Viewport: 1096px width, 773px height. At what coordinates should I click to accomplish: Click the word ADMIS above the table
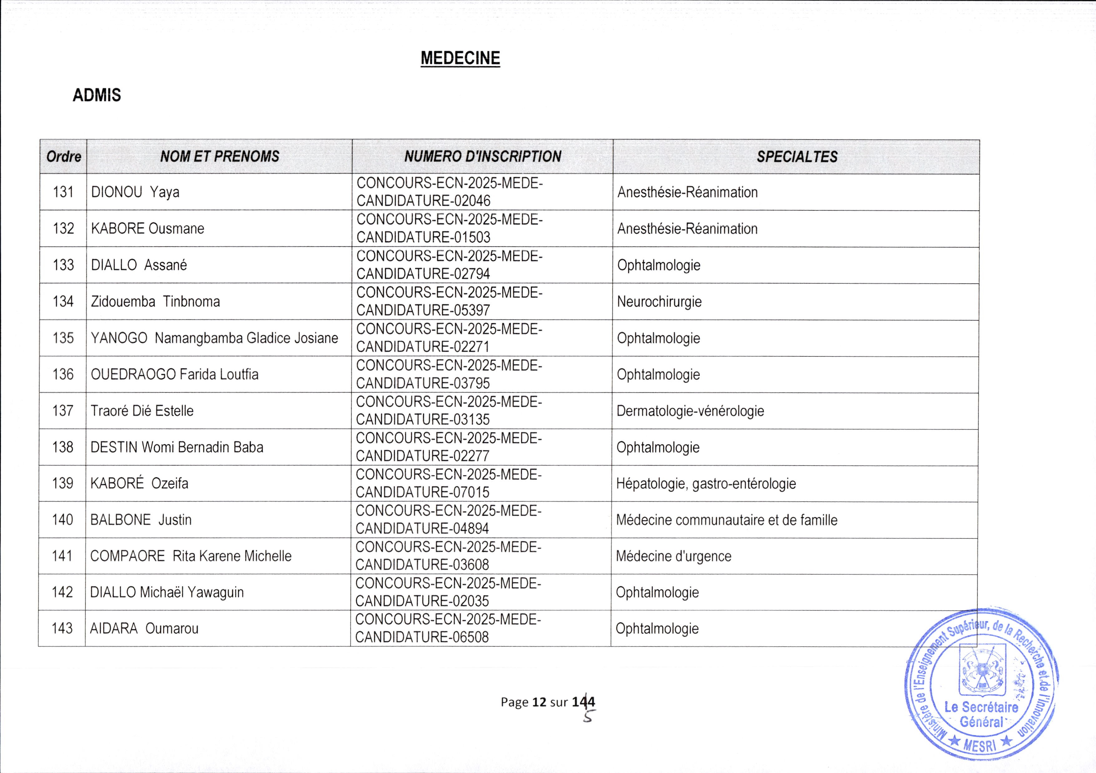click(97, 96)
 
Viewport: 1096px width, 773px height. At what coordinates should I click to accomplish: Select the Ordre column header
click(63, 156)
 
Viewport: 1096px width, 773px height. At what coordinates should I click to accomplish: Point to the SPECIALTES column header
click(796, 156)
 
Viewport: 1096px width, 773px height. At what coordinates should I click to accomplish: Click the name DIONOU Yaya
click(135, 192)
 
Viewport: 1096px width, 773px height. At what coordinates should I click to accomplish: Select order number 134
click(63, 302)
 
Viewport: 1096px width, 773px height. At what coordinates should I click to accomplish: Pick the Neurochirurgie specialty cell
click(659, 302)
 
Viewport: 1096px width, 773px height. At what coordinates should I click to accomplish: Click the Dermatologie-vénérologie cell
click(690, 411)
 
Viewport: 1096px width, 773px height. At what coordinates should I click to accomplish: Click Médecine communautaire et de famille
click(726, 519)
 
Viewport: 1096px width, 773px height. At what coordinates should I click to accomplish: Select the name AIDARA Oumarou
click(144, 628)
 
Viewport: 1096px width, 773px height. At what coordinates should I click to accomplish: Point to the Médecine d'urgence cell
click(673, 556)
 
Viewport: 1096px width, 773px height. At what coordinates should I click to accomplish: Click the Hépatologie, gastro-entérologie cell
click(705, 483)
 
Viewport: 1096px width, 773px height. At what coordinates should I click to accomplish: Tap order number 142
click(62, 592)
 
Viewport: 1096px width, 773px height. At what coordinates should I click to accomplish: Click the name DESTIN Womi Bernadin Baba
click(177, 447)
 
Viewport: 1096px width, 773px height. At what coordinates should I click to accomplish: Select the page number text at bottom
click(547, 702)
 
